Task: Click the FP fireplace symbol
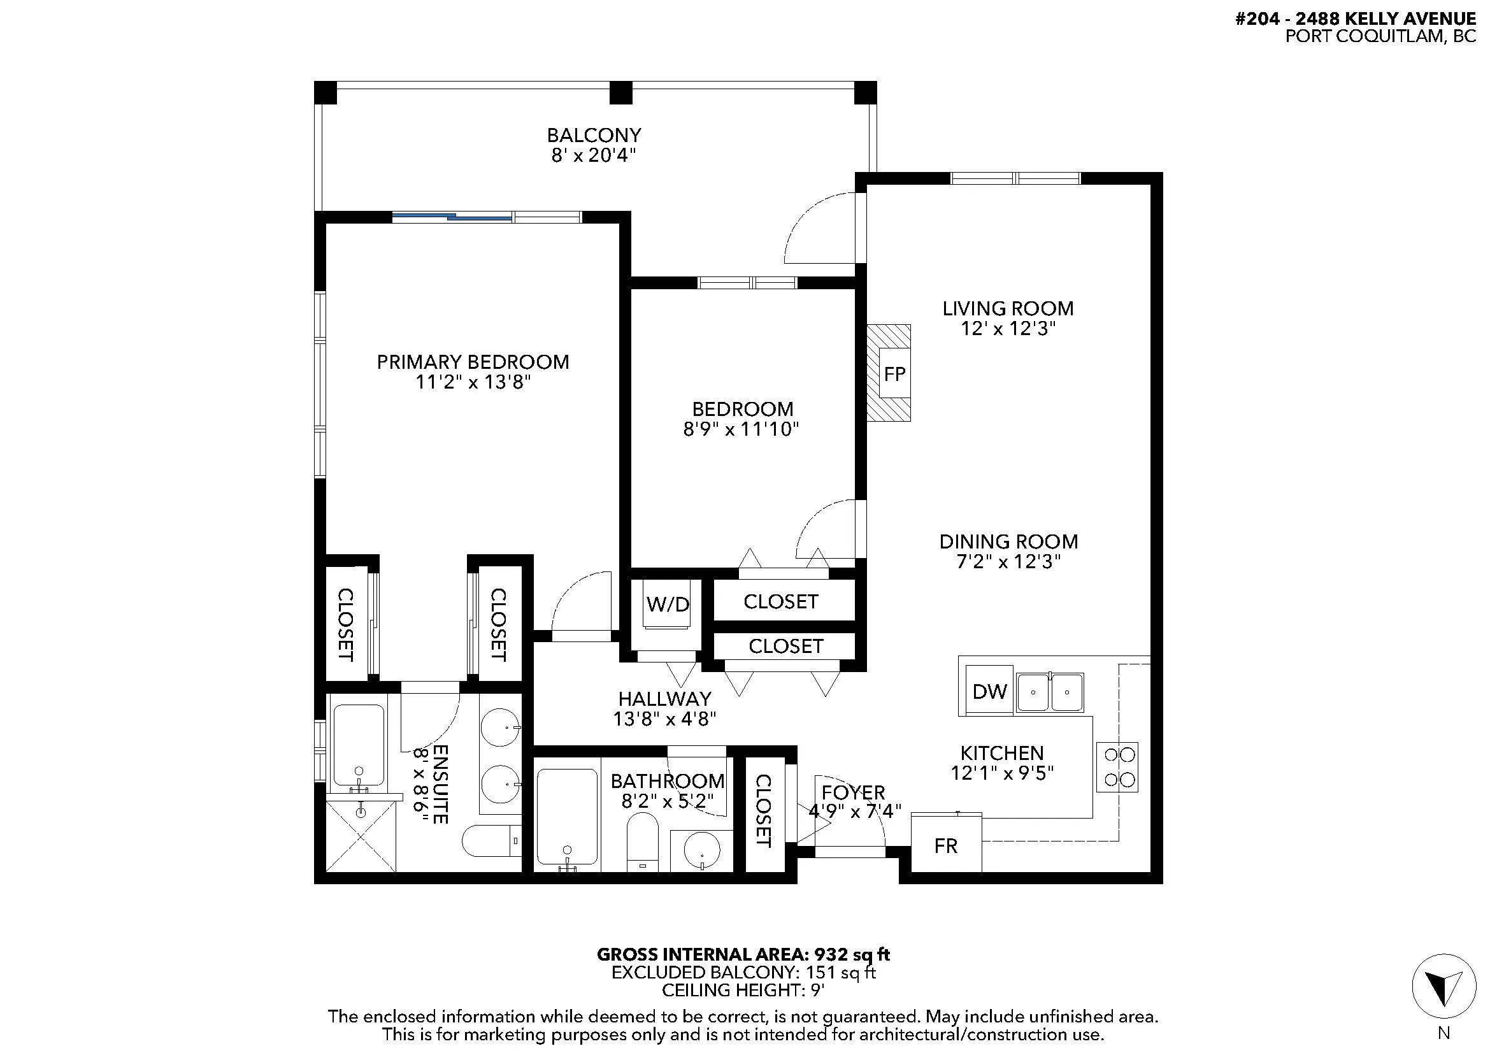click(889, 373)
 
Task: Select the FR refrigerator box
click(946, 843)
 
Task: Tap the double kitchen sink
click(1049, 692)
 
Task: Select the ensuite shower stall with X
click(360, 836)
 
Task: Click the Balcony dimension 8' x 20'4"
click(594, 155)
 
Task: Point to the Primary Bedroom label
click(473, 362)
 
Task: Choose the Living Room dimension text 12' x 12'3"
click(1008, 329)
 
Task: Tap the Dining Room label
click(1008, 541)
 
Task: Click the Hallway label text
click(664, 699)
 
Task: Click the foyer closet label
click(763, 810)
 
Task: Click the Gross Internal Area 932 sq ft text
click(743, 955)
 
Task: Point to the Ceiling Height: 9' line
click(743, 991)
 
